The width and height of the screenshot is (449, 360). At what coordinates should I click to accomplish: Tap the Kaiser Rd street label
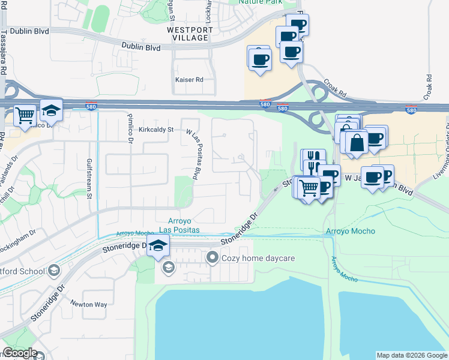pyautogui.click(x=189, y=80)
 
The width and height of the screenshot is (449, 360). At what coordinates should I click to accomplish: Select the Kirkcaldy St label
pyautogui.click(x=155, y=129)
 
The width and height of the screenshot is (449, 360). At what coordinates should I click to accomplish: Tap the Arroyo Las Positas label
pyautogui.click(x=183, y=226)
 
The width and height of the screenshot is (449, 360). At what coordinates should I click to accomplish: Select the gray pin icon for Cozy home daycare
pyautogui.click(x=211, y=258)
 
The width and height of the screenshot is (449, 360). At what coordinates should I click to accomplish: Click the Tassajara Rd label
pyautogui.click(x=4, y=54)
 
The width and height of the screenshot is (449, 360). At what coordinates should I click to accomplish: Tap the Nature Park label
pyautogui.click(x=260, y=2)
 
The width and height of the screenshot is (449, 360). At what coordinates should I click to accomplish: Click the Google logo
pyautogui.click(x=20, y=353)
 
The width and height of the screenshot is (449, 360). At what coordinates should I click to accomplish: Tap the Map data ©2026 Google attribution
pyautogui.click(x=412, y=355)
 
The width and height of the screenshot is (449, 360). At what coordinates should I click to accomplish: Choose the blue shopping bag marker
pyautogui.click(x=357, y=143)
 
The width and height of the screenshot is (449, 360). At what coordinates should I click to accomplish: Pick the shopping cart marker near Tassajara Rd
pyautogui.click(x=25, y=114)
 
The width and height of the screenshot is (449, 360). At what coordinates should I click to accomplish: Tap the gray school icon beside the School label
pyautogui.click(x=54, y=271)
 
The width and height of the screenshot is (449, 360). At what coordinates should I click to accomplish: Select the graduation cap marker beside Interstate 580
pyautogui.click(x=52, y=110)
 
